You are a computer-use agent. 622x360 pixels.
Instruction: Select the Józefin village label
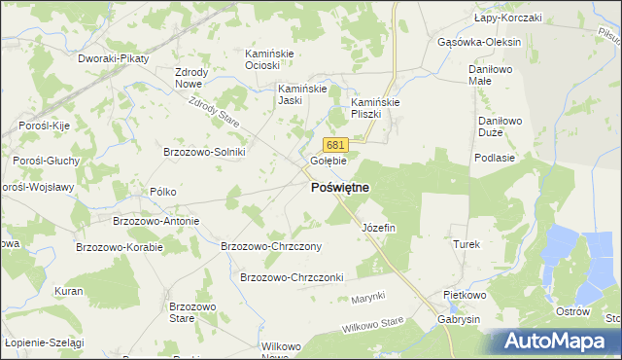[x=378, y=227]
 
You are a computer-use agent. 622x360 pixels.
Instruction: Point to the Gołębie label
[x=328, y=161]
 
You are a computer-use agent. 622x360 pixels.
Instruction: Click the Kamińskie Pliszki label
[x=376, y=107]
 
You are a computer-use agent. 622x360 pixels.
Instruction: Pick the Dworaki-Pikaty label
[x=113, y=58]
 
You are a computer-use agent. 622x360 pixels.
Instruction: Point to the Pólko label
[x=162, y=192]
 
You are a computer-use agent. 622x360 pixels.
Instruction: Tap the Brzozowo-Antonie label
[x=155, y=221]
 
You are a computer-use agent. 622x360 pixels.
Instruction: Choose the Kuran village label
[x=68, y=291]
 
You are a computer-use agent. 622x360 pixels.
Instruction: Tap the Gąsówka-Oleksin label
[x=480, y=43]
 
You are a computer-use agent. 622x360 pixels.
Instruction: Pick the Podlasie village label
[x=493, y=157]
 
